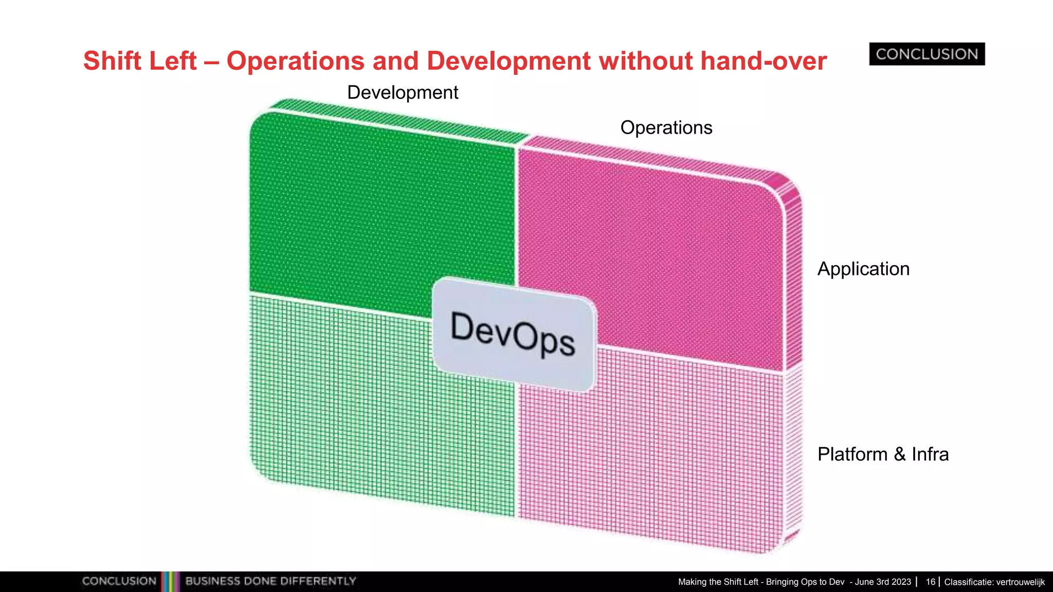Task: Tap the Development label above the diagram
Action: (403, 92)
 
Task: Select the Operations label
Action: (666, 127)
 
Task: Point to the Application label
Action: (863, 269)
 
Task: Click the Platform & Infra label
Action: (883, 454)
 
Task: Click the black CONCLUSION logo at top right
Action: (927, 54)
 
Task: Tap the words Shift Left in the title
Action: (140, 61)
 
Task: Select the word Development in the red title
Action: (508, 61)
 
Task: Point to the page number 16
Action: (930, 582)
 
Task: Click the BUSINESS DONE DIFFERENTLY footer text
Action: (270, 581)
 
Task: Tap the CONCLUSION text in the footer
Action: (119, 581)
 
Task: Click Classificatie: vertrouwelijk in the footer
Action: (994, 582)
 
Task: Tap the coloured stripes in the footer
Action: (170, 581)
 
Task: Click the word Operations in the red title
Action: (296, 61)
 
